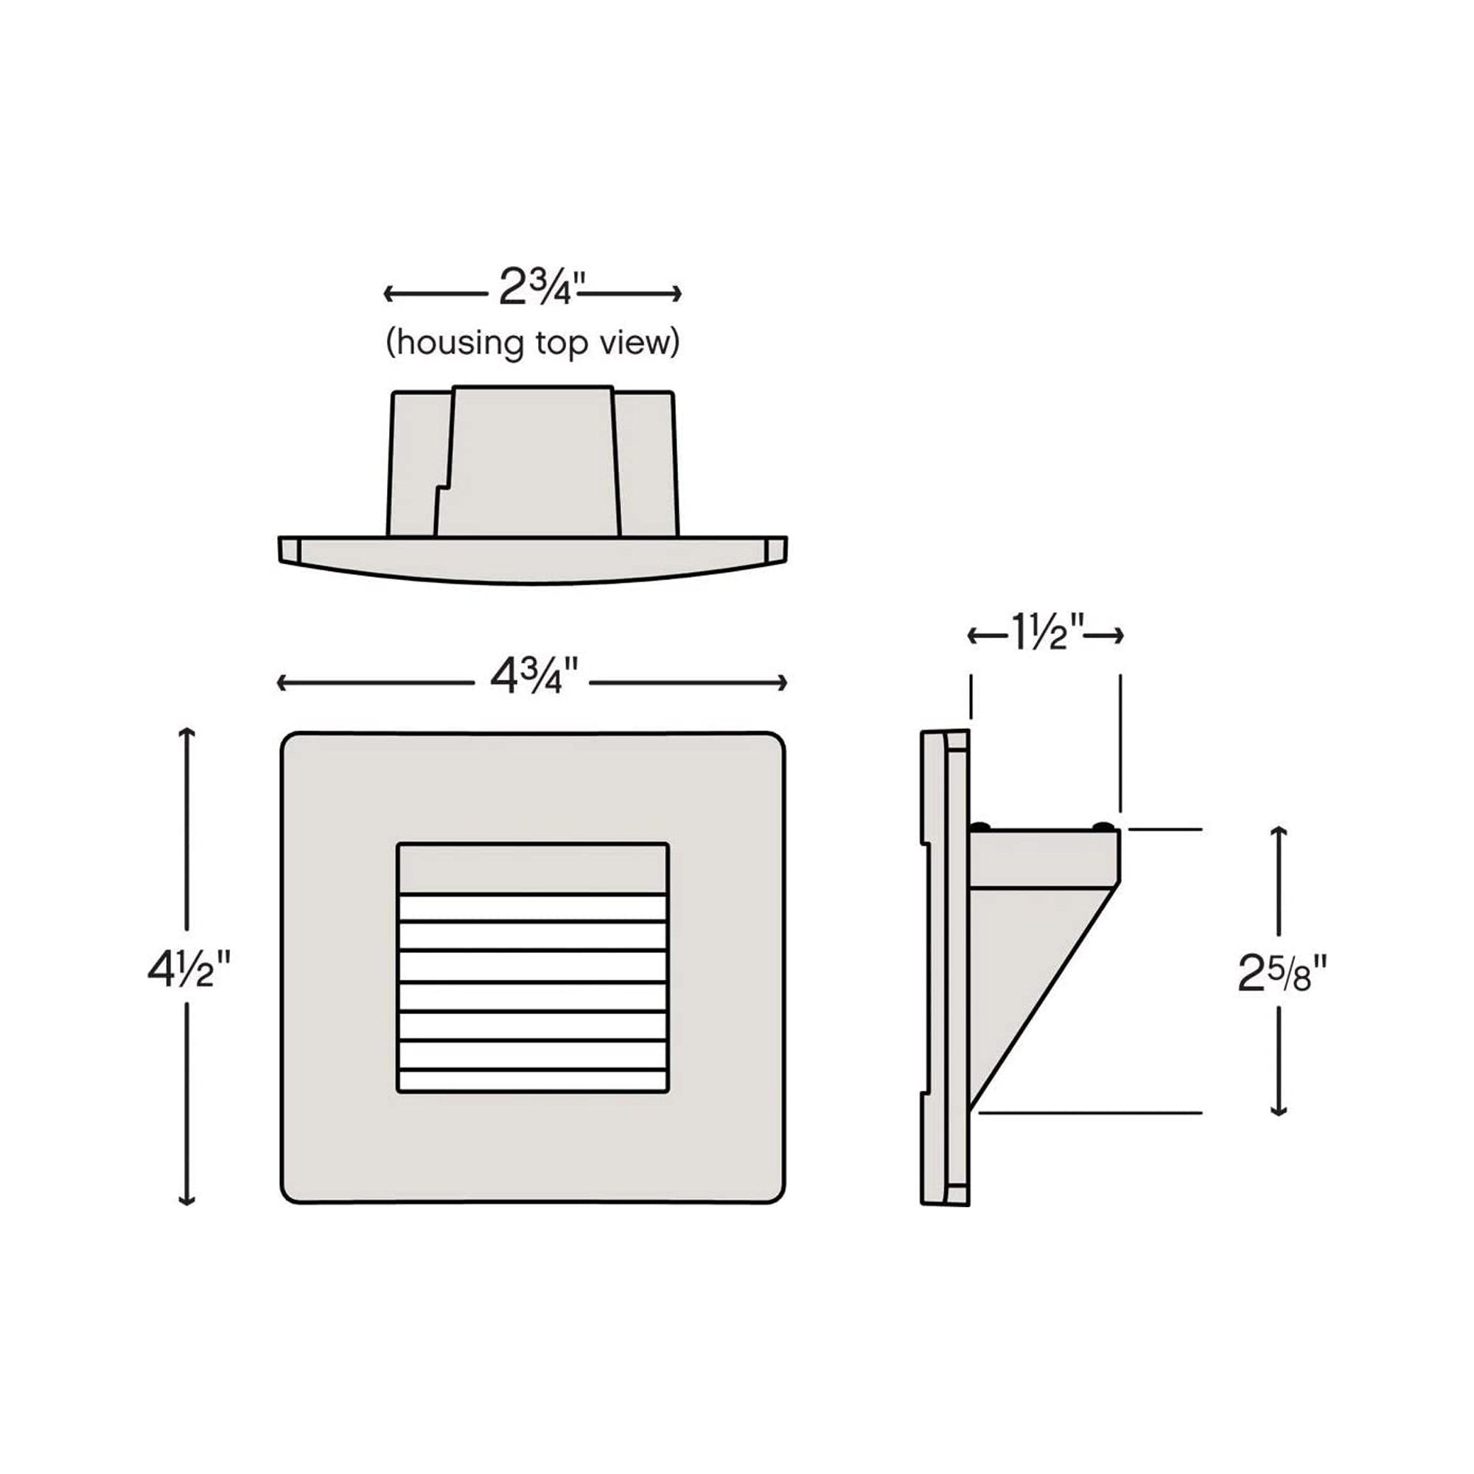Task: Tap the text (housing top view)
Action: click(x=533, y=343)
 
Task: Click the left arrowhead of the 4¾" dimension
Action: click(x=282, y=683)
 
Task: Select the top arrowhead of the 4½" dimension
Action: click(x=187, y=733)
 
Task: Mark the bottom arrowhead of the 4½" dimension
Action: click(x=187, y=1200)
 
